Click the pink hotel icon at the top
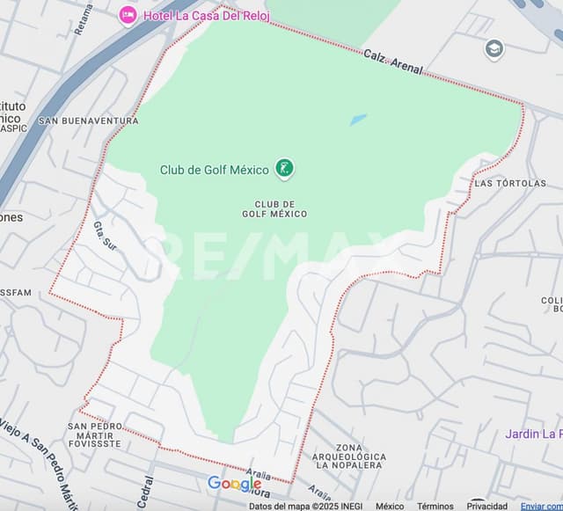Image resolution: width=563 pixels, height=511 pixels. (128, 15)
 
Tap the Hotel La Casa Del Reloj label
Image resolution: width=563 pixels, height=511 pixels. (198, 16)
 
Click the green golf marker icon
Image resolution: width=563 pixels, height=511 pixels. (284, 168)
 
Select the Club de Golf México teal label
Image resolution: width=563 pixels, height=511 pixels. (214, 170)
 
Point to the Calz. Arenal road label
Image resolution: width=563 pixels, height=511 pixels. (393, 62)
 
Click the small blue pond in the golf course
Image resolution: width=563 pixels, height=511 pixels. (358, 120)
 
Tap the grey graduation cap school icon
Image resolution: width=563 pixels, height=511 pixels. (494, 49)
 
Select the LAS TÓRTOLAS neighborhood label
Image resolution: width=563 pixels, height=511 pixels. (510, 183)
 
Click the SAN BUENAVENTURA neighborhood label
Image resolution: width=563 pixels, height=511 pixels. (88, 120)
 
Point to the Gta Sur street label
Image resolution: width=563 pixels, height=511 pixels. (105, 237)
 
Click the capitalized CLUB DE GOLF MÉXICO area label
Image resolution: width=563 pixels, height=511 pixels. (274, 209)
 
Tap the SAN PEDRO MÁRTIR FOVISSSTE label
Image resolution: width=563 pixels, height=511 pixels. (95, 434)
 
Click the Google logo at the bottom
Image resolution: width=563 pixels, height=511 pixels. (234, 484)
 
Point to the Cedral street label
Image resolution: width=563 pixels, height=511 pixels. (146, 492)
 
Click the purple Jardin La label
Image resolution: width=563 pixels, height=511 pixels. (533, 434)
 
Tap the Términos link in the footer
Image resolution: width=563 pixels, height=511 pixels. (435, 506)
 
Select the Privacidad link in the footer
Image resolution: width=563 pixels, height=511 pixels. (486, 506)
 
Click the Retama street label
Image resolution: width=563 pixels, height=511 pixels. (84, 18)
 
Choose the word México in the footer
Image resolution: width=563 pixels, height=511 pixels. (390, 506)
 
